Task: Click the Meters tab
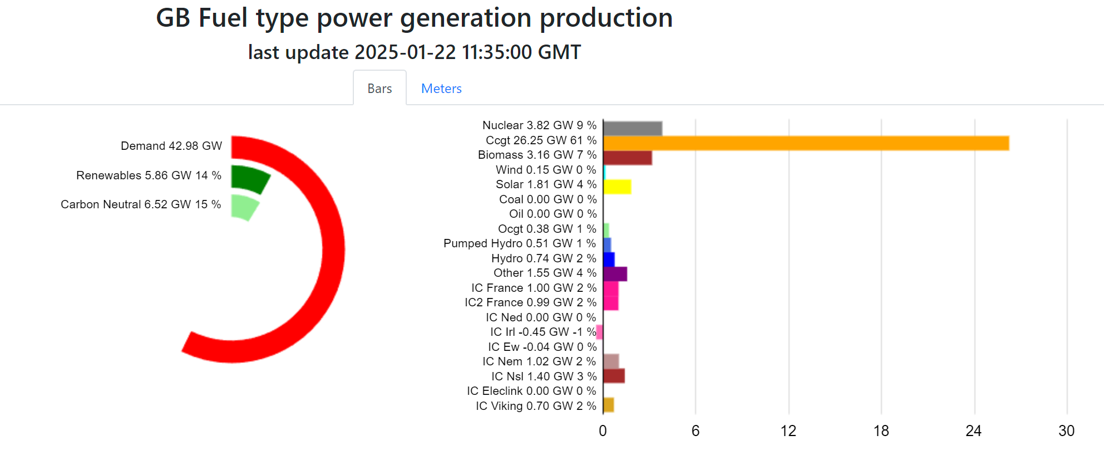[441, 89]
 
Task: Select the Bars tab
[379, 89]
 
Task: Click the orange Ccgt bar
[806, 143]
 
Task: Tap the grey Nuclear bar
[633, 129]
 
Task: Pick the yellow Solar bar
[617, 187]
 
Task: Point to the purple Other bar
[615, 274]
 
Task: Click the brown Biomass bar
[628, 158]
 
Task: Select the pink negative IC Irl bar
[599, 332]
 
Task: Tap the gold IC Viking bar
[609, 405]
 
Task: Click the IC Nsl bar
[614, 376]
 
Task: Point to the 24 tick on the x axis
[973, 431]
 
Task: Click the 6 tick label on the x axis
[696, 431]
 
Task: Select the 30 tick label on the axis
[1066, 431]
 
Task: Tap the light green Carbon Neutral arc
[244, 207]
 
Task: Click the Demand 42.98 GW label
[171, 146]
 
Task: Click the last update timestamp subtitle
[414, 52]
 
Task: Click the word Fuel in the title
[223, 18]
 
